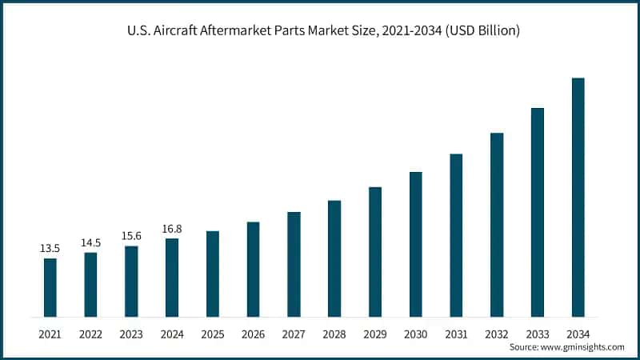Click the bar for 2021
[50, 287]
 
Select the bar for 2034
[578, 197]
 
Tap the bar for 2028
[334, 258]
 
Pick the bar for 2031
[456, 235]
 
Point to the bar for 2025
[213, 274]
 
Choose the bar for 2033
[538, 212]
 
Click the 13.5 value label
[50, 249]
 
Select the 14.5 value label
[90, 243]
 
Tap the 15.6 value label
[131, 237]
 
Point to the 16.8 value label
[172, 230]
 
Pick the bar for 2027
[294, 264]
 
